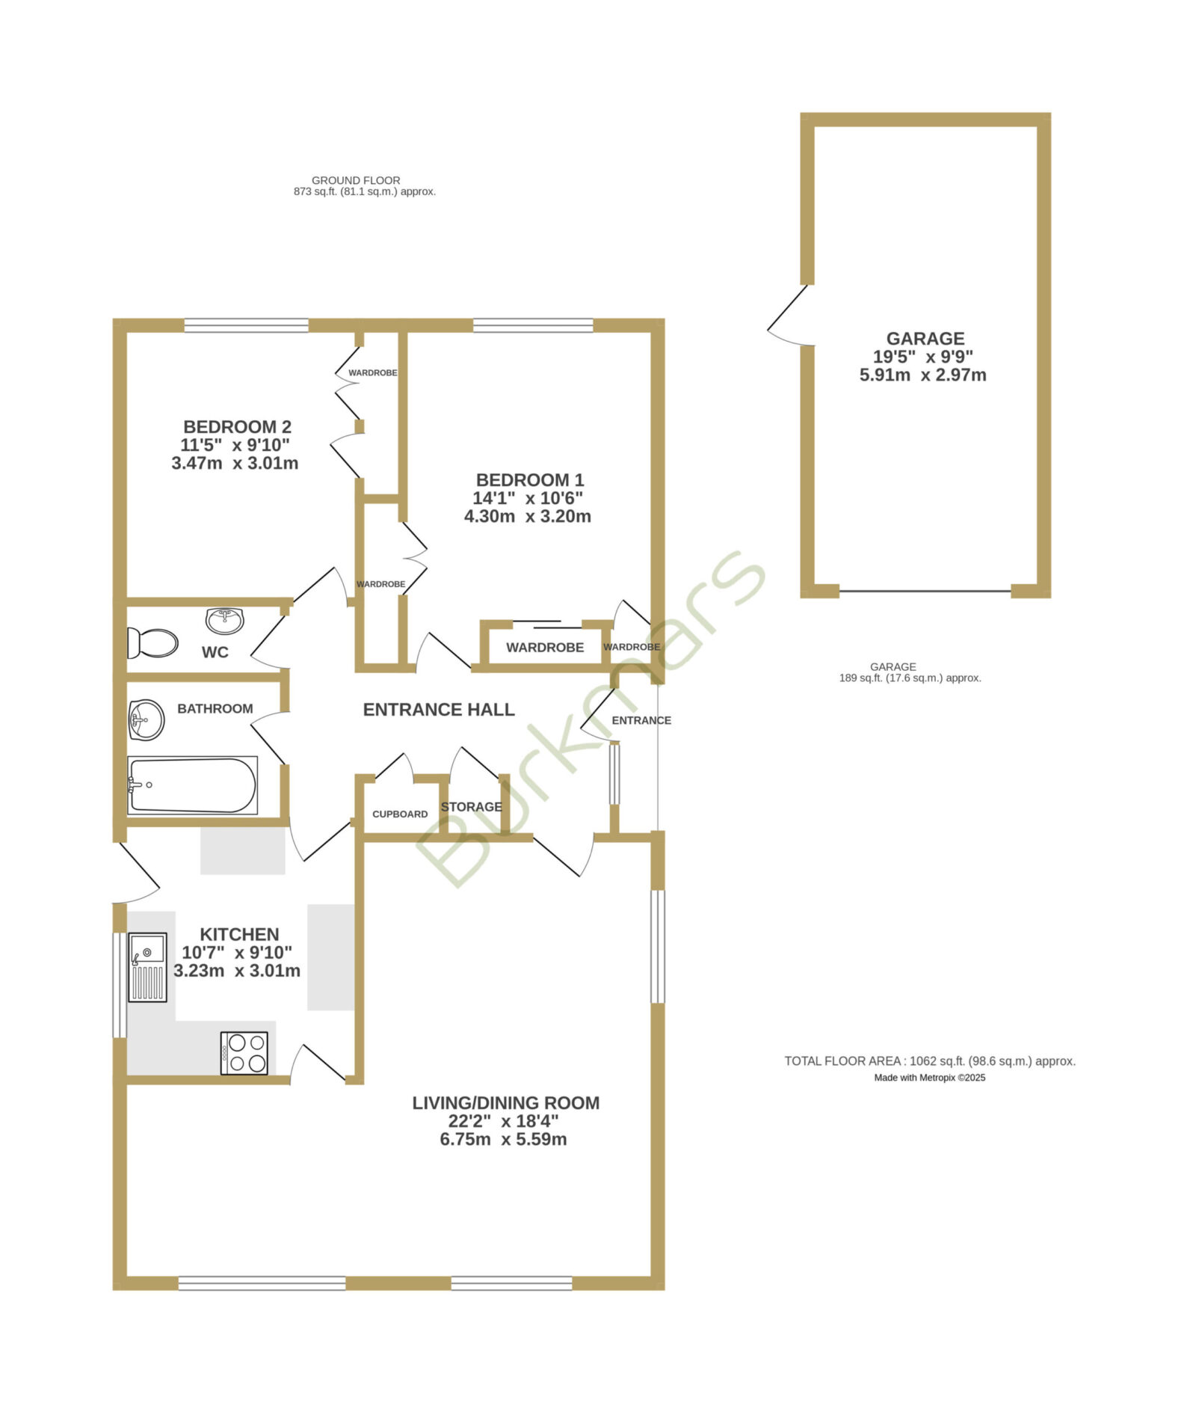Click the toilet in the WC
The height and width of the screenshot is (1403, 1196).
152,642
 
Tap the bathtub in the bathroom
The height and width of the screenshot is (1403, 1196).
192,785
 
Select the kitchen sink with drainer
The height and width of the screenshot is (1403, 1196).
147,967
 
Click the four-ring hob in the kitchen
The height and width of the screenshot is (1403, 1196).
244,1053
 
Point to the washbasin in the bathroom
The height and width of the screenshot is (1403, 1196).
147,719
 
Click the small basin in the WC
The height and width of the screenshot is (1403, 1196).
225,620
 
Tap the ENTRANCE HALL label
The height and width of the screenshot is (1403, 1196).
439,710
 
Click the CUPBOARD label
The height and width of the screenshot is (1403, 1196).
400,814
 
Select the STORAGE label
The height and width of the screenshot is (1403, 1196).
471,807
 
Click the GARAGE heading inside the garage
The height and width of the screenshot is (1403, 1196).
925,339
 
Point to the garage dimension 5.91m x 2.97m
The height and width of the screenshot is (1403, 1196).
923,375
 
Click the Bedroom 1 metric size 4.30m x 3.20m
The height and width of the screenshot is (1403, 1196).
528,516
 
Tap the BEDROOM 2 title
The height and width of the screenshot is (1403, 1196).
237,427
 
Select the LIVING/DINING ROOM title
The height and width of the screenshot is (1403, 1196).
506,1103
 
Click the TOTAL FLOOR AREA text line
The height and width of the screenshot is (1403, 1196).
930,1060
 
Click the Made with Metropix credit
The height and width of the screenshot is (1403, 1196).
930,1078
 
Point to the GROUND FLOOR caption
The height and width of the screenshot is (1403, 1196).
356,180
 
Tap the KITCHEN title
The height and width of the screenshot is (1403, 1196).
239,935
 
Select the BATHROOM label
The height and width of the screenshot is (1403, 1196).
215,709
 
